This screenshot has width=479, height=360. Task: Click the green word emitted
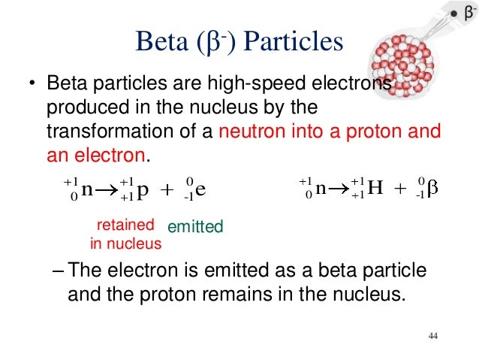tap(195, 226)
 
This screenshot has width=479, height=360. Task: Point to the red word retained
tap(126, 224)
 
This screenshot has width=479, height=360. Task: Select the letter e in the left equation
tap(200, 189)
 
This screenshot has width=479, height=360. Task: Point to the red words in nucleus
tap(125, 243)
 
